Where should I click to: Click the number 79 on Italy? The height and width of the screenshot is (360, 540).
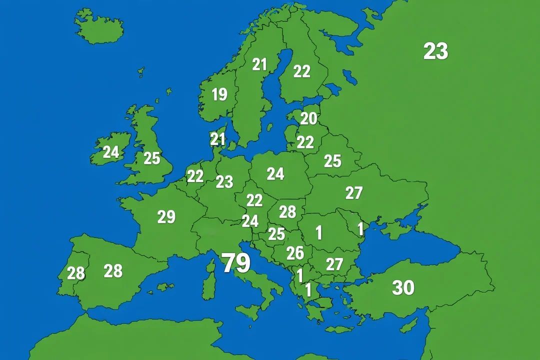tap(236, 263)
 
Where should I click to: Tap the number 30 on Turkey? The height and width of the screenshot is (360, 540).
tap(403, 287)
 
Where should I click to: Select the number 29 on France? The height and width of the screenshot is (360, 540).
tap(166, 217)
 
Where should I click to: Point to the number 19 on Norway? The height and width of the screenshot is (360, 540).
tap(219, 94)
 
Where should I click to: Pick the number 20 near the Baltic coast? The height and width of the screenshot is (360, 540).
tap(308, 118)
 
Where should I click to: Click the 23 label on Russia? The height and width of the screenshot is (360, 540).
tap(435, 51)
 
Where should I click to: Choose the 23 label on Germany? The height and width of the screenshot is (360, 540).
tap(224, 182)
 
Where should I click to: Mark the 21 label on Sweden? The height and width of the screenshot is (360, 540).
tap(259, 64)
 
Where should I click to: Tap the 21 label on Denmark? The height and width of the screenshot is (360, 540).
tap(217, 139)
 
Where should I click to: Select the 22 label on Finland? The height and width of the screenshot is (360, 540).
tap(301, 71)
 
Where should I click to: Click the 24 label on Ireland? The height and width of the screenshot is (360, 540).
tap(110, 152)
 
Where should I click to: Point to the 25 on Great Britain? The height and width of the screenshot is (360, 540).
tap(151, 158)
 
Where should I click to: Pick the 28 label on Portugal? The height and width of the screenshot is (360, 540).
tap(76, 273)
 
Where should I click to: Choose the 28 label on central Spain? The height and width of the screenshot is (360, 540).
tap(113, 271)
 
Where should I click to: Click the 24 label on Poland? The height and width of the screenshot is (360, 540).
tap(275, 173)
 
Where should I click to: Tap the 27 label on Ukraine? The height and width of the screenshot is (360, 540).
tap(353, 192)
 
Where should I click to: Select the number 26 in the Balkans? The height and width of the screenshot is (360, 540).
tap(295, 253)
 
